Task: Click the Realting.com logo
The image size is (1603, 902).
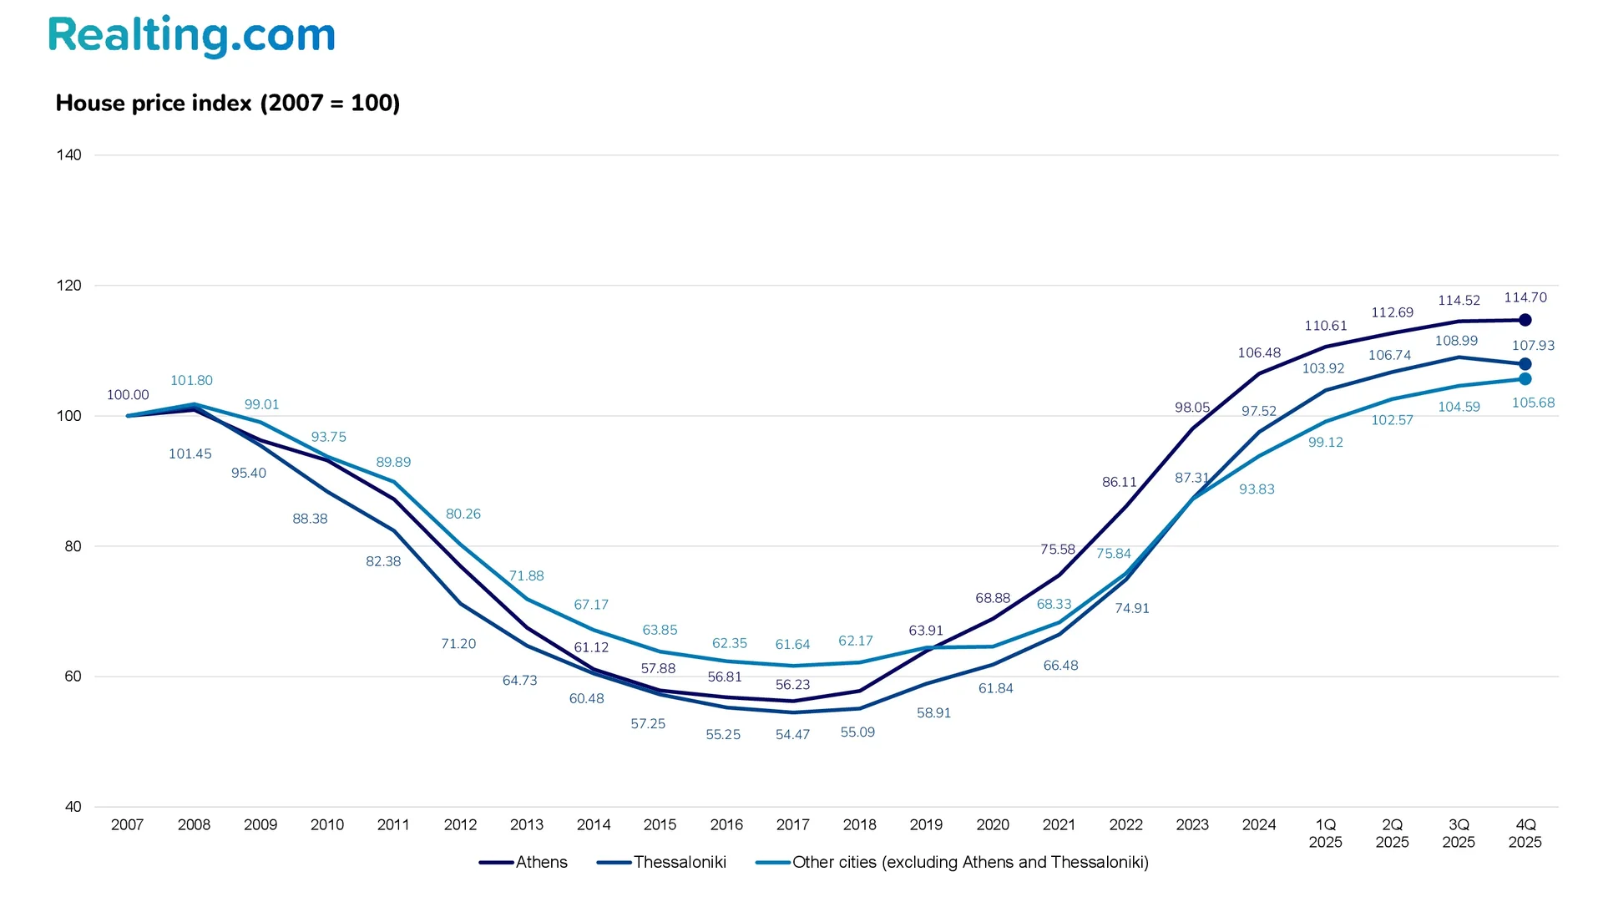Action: click(x=191, y=36)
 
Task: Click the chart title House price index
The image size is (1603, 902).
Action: click(x=227, y=103)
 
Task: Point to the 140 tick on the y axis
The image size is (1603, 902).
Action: click(x=69, y=155)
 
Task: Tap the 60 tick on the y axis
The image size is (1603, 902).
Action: click(x=73, y=676)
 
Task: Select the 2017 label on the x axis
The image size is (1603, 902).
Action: click(x=792, y=825)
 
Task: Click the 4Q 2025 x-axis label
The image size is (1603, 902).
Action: click(x=1525, y=834)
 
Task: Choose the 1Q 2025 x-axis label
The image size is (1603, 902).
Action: click(x=1325, y=834)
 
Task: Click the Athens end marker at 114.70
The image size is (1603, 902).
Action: click(x=1525, y=320)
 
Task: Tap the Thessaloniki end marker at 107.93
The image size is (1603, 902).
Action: click(x=1525, y=364)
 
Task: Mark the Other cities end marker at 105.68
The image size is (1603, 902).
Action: click(x=1525, y=379)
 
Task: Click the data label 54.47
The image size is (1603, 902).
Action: click(x=792, y=735)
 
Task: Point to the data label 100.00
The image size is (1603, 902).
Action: click(x=128, y=395)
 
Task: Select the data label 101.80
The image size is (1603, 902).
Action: click(x=191, y=381)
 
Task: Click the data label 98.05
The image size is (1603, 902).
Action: click(x=1191, y=408)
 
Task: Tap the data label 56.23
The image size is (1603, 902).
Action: click(x=792, y=685)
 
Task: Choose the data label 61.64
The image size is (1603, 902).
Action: click(x=792, y=645)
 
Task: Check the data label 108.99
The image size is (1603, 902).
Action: click(x=1456, y=341)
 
